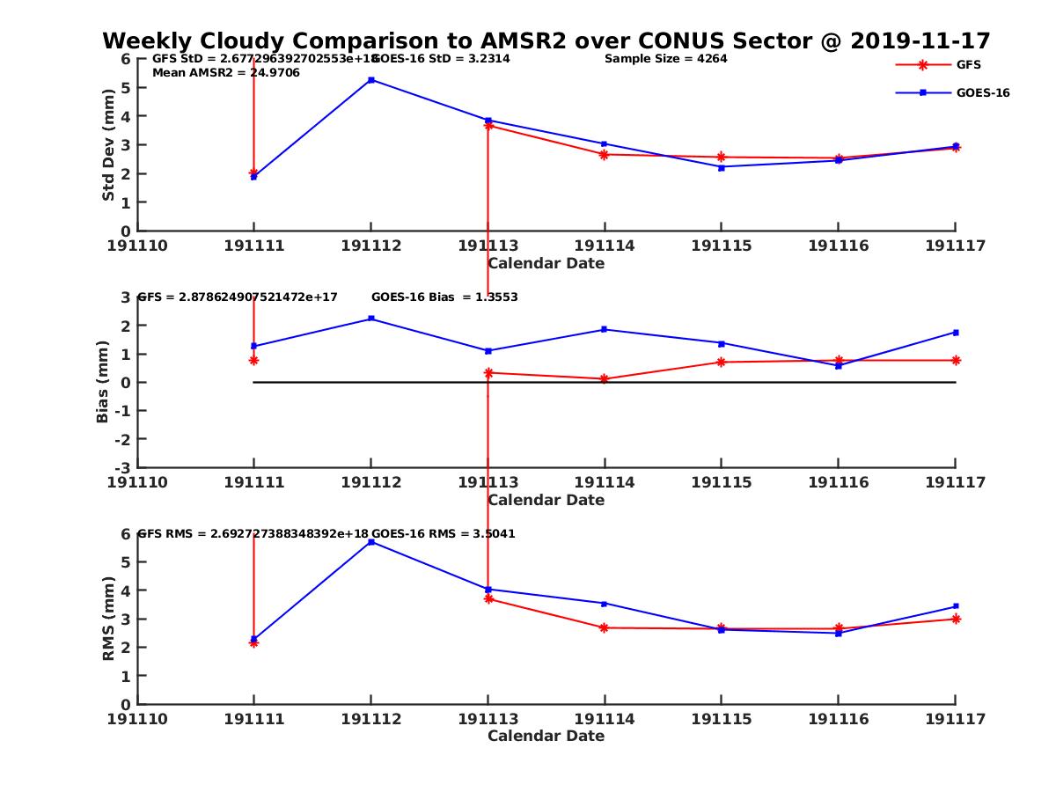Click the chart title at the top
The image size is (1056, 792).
coord(546,40)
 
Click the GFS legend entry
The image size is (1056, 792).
coord(968,64)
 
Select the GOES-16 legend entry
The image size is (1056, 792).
coord(982,92)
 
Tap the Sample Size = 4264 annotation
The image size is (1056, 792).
coord(665,59)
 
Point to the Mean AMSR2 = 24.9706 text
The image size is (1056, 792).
coord(226,72)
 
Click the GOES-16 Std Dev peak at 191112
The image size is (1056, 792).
coord(371,80)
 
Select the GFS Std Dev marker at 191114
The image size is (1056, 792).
coord(605,155)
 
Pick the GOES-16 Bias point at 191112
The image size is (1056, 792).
coord(371,319)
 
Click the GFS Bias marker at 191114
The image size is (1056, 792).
coord(605,379)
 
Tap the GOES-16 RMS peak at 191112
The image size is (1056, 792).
coord(371,542)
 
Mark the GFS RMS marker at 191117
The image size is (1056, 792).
coord(956,619)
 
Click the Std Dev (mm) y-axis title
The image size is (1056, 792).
coord(108,145)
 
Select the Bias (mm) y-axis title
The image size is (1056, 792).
coord(103,382)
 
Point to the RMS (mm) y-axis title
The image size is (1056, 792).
coord(108,619)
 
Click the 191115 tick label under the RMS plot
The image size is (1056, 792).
coord(721,719)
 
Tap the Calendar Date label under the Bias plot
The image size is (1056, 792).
coord(546,500)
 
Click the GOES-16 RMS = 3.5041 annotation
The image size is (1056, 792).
coord(443,533)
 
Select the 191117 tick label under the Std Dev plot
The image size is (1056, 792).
coord(955,246)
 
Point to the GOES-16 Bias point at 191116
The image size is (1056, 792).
coord(839,366)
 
